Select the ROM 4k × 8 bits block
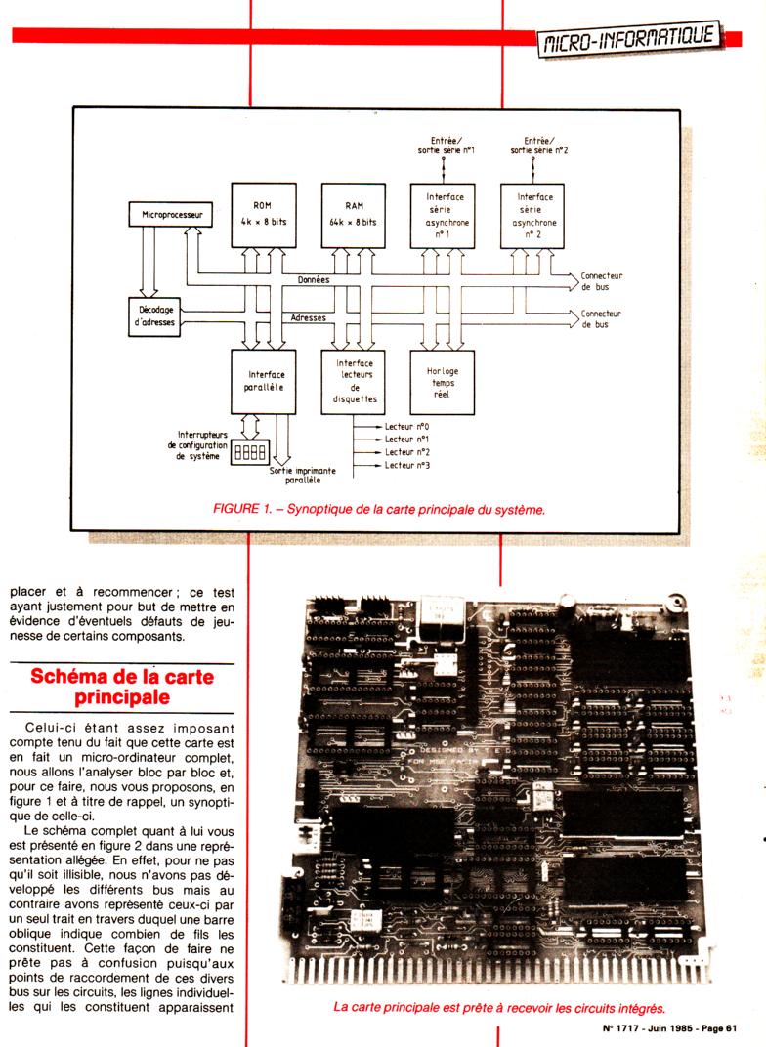pos(261,213)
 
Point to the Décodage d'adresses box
pos(155,316)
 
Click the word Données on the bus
pos(314,280)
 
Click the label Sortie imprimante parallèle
pos(303,476)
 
